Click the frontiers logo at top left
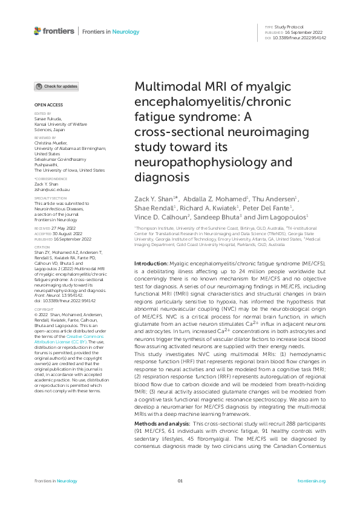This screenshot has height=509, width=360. pos(54,31)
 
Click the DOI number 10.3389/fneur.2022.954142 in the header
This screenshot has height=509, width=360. pos(299,37)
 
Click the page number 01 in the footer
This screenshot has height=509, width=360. pos(180,481)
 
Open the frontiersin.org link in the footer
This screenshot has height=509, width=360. pos(312,481)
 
